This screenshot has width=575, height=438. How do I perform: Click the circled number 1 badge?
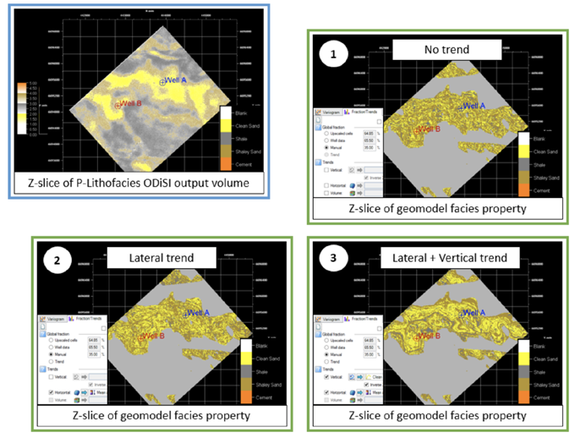click(332, 54)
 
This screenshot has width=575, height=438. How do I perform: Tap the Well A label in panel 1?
click(473, 106)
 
